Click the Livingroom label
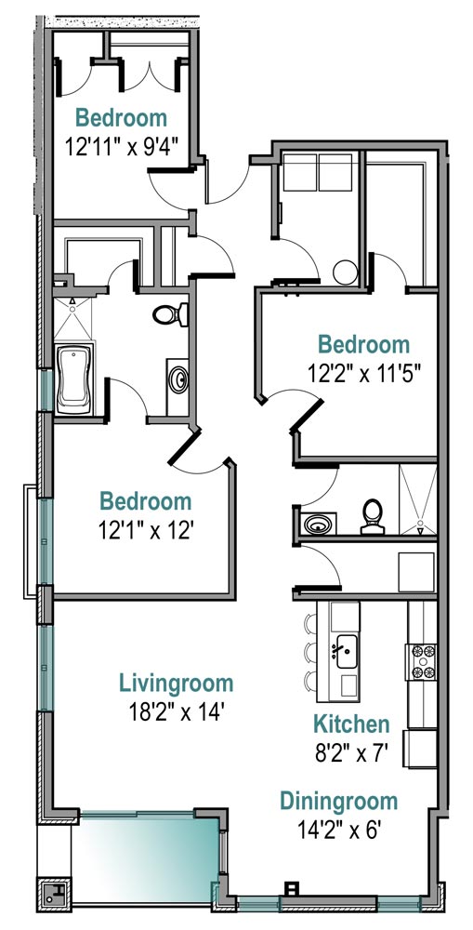tap(176, 684)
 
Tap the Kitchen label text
tap(351, 724)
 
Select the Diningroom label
tap(338, 802)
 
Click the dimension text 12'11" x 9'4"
tap(122, 147)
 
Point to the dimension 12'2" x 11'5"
tap(364, 374)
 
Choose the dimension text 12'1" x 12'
tap(147, 530)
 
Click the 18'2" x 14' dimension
tap(176, 711)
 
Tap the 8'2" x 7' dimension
tap(351, 752)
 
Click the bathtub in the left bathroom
tap(74, 380)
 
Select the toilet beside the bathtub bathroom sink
tap(170, 314)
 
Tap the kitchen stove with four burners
tap(423, 661)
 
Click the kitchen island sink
tap(346, 651)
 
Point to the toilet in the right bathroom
tap(373, 516)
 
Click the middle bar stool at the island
tap(310, 653)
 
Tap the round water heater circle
tap(345, 272)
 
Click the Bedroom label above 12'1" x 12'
tap(146, 502)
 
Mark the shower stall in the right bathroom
tap(418, 499)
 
